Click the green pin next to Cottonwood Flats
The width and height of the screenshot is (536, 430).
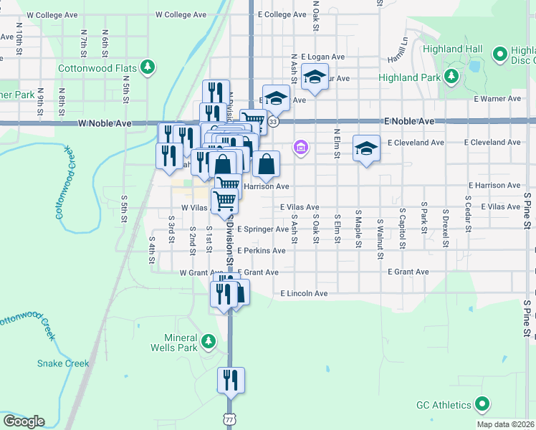pos(148,67)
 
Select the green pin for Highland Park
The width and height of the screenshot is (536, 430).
pos(451,77)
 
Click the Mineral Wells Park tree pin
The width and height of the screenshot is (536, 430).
pos(208,341)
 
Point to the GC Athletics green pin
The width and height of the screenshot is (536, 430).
pos(482,405)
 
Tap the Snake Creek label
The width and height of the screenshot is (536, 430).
pos(63,363)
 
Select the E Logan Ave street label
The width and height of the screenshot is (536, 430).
pos(323,57)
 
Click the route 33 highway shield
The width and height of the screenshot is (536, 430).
pos(274,123)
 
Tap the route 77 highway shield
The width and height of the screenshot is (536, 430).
pos(229,419)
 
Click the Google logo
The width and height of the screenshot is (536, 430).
pos(24,421)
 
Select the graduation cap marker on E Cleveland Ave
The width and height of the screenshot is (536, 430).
pos(366,149)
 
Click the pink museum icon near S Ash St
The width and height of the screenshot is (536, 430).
pos(300,148)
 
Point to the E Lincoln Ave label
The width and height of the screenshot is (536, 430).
pos(304,294)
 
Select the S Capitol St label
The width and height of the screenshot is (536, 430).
pos(402,230)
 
